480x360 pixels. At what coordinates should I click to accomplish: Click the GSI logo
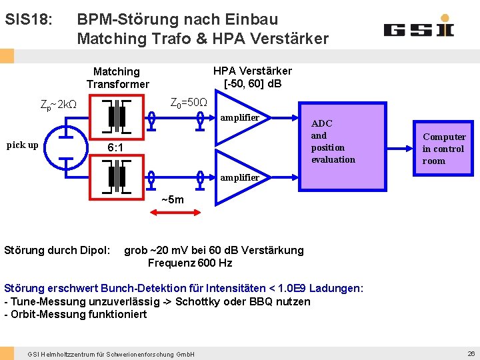tap(419, 29)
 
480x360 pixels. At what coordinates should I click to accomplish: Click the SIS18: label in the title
tap(28, 19)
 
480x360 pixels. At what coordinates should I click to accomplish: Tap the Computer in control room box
tap(443, 149)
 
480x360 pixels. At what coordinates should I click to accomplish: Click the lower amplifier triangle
tap(240, 177)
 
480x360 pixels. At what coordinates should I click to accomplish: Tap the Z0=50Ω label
tap(189, 103)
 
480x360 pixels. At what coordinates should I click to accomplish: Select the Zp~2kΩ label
tap(59, 105)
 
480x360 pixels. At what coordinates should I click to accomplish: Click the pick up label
tap(22, 145)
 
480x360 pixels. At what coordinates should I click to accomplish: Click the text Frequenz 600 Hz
tap(189, 263)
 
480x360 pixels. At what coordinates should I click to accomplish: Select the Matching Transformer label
tap(117, 77)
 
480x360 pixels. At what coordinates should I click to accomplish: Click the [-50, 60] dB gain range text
tap(253, 83)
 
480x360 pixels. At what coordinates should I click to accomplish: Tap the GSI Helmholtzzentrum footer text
tap(111, 353)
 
